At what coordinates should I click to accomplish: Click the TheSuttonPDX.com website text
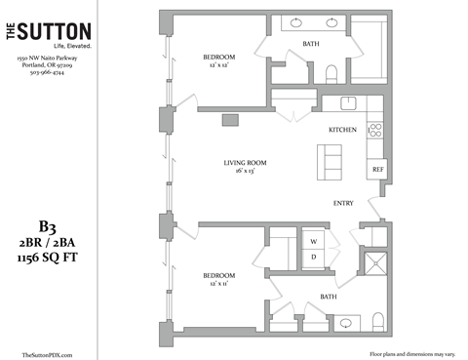point(46,355)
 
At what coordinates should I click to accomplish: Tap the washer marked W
point(315,239)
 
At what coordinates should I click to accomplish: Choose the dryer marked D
point(315,258)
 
